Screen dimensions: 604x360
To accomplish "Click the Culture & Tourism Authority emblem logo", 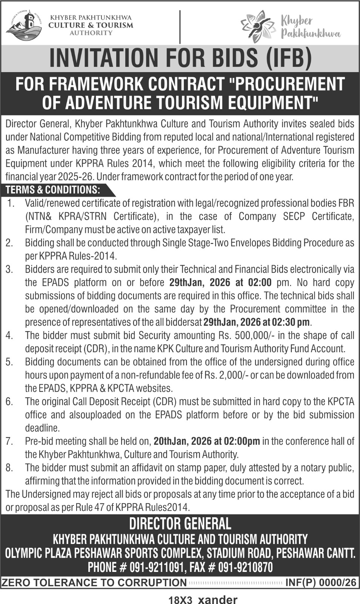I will coord(23,25).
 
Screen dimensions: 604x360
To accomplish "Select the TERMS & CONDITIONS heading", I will coord(53,190).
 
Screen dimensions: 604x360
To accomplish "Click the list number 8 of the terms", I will coord(9,468).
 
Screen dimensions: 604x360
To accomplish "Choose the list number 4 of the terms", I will coord(9,336).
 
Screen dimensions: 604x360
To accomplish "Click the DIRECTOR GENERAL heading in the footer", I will coord(180,524).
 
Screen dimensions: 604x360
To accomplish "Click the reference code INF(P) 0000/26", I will coord(320,582).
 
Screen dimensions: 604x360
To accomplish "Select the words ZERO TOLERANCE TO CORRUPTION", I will coord(94,582).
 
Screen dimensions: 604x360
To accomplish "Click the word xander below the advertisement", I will coord(218,599).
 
